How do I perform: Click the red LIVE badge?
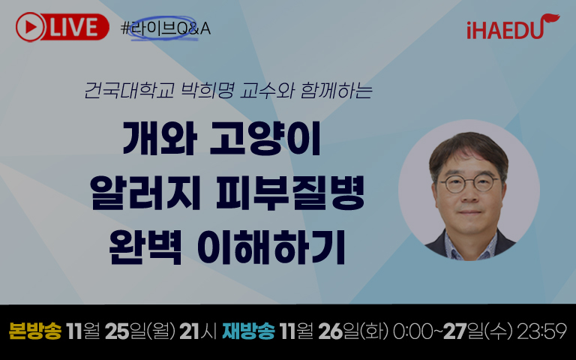62,27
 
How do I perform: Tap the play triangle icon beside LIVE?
31,27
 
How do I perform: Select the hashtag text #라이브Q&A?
166,28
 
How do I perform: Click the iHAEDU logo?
513,26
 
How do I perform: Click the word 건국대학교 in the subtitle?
129,90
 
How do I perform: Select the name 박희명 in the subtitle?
207,90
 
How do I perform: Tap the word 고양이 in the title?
265,138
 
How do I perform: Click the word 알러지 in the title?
145,193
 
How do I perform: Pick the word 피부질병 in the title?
290,193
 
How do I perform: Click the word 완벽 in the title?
145,247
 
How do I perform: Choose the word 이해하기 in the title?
271,247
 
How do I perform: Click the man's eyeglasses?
469,183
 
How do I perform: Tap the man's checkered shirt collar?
470,244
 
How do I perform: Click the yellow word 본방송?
35,331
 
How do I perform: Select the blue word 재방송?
249,331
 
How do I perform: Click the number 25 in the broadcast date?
117,331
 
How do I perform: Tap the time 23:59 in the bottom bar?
541,331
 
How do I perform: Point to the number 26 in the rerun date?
331,331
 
